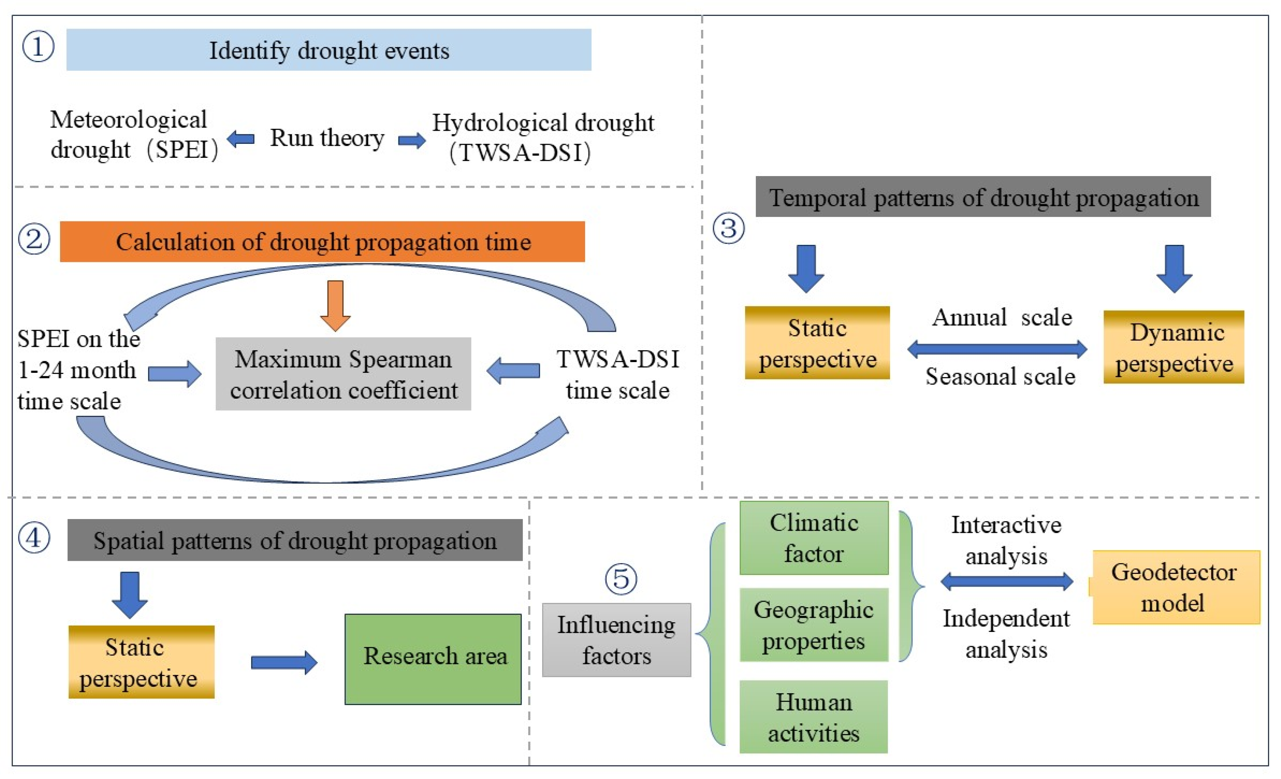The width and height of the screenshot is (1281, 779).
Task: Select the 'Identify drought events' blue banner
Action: click(328, 50)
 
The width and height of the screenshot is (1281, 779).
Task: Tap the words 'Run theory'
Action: click(327, 138)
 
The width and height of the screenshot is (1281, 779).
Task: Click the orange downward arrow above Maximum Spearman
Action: click(335, 306)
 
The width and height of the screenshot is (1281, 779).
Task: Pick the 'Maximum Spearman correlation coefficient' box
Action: click(343, 374)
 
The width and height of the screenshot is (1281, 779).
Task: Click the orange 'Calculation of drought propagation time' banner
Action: click(322, 242)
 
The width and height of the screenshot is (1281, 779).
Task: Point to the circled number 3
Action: click(728, 228)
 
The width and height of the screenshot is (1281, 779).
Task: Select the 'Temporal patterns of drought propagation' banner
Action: click(983, 197)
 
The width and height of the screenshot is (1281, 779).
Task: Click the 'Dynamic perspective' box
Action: click(1173, 347)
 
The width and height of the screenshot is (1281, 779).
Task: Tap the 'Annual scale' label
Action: click(1002, 317)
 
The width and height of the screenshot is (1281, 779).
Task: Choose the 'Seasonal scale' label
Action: click(1000, 376)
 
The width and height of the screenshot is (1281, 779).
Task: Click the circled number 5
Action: click(621, 579)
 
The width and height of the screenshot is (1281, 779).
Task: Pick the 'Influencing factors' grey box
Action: click(616, 639)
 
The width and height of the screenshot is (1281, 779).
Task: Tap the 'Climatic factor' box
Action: click(813, 538)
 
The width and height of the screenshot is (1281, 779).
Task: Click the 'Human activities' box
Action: click(813, 717)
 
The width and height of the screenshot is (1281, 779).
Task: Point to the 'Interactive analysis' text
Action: click(1006, 540)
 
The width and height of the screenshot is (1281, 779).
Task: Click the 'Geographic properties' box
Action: click(813, 624)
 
